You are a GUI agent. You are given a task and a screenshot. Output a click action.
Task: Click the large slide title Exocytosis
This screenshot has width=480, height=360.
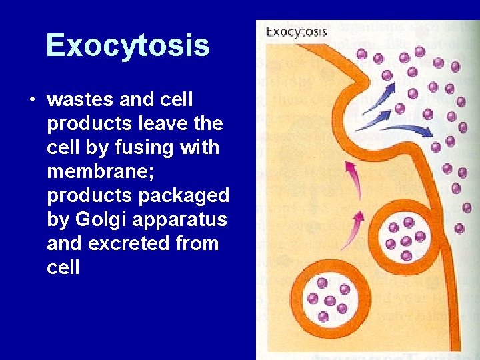pyautogui.click(x=127, y=45)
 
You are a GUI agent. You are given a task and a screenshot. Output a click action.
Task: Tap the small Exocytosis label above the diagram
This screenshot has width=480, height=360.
pyautogui.click(x=297, y=31)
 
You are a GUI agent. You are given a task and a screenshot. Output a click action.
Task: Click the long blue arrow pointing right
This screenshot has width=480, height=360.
pyautogui.click(x=406, y=129)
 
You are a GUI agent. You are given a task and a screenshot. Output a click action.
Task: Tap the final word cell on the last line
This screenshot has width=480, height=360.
pyautogui.click(x=63, y=267)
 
